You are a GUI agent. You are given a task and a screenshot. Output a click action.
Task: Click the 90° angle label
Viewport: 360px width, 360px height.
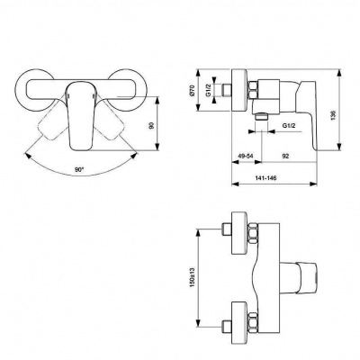(82, 169)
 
